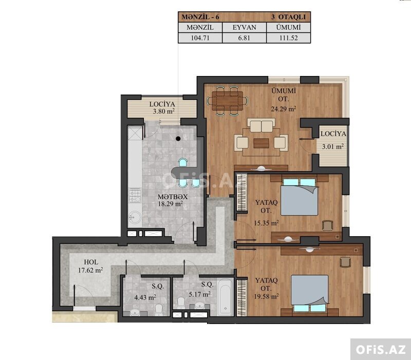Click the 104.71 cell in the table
pyautogui.click(x=200, y=37)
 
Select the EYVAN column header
pyautogui.click(x=245, y=27)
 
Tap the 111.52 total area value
pyautogui.click(x=289, y=37)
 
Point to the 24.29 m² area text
pyautogui.click(x=284, y=109)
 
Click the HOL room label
pyautogui.click(x=91, y=262)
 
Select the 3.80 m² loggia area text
pyautogui.click(x=164, y=111)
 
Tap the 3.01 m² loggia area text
pyautogui.click(x=333, y=146)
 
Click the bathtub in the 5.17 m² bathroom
pyautogui.click(x=225, y=298)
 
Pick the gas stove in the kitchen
pyautogui.click(x=135, y=196)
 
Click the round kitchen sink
pyautogui.click(x=135, y=217)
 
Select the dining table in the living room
pyautogui.click(x=228, y=101)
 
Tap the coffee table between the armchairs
pyautogui.click(x=261, y=143)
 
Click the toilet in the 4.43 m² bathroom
pyautogui.click(x=159, y=310)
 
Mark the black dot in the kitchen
pyautogui.click(x=178, y=139)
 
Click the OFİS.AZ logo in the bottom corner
pyautogui.click(x=381, y=350)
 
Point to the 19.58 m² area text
pyautogui.click(x=266, y=297)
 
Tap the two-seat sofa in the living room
pyautogui.click(x=261, y=125)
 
